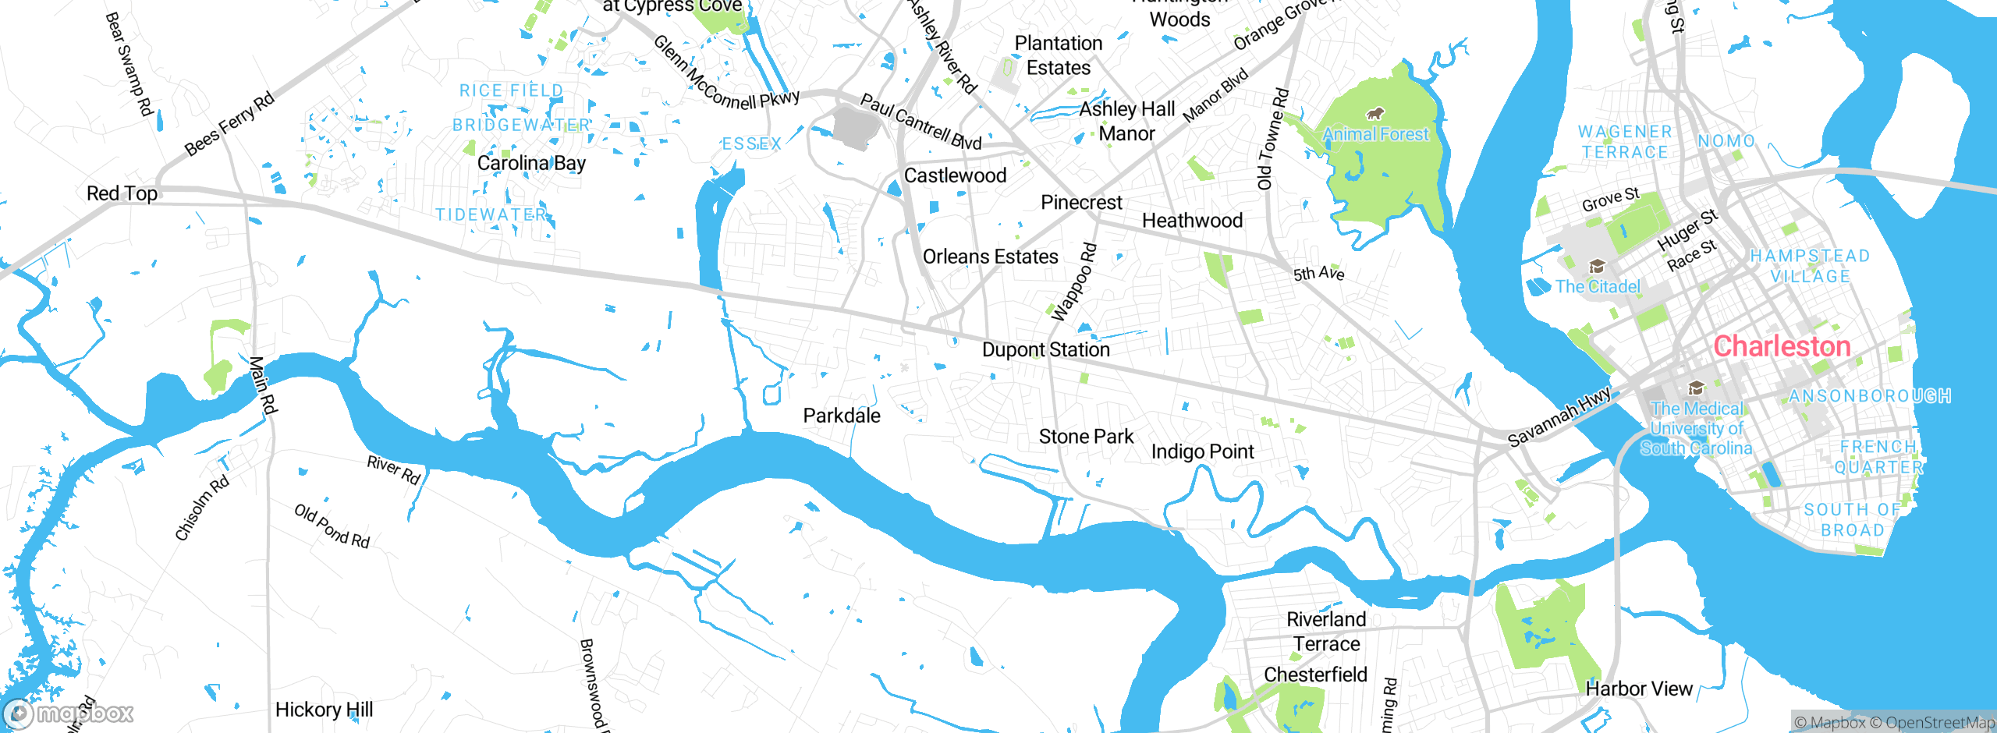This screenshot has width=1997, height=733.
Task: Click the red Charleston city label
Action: point(1782,346)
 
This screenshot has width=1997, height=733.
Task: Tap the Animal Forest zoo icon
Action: point(1375,114)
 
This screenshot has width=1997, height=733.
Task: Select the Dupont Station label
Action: point(1045,349)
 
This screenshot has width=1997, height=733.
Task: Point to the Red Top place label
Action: point(122,193)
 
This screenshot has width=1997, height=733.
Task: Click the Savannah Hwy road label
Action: point(1559,417)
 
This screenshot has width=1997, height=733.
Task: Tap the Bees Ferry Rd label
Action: point(229,123)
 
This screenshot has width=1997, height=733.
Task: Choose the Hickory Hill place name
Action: point(324,710)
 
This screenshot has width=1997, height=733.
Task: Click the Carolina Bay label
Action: point(531,163)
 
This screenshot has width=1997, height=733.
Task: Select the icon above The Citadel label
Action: point(1597,267)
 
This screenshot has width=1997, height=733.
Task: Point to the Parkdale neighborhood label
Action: point(842,416)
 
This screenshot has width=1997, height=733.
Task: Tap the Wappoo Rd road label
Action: point(1074,282)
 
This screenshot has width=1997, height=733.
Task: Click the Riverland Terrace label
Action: point(1326,632)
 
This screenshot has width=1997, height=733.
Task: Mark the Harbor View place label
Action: point(1639,689)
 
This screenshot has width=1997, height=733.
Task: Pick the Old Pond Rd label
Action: point(332,526)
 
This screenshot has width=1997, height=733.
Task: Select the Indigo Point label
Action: point(1202,451)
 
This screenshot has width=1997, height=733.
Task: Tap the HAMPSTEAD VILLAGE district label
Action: point(1810,266)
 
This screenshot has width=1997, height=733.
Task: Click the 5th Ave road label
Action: point(1318,274)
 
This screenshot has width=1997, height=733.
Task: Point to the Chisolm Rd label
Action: point(202,508)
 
